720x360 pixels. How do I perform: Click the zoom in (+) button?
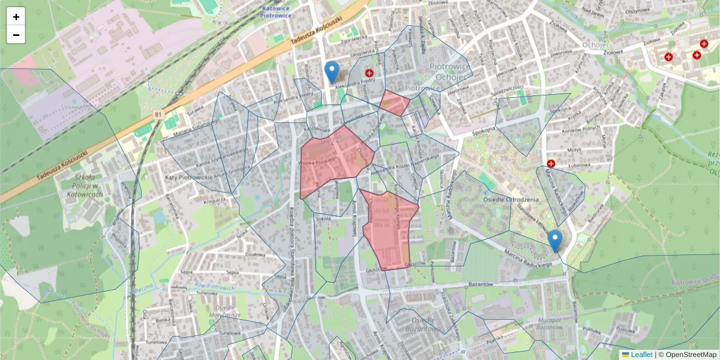pos(16,17)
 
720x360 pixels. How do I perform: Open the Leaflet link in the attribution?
pos(641,355)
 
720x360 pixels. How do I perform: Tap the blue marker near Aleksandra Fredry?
pos(331,72)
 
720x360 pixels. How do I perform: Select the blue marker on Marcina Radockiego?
pos(555,241)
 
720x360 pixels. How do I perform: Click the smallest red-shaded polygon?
pos(394,103)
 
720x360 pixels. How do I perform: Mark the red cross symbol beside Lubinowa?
pos(551,163)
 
